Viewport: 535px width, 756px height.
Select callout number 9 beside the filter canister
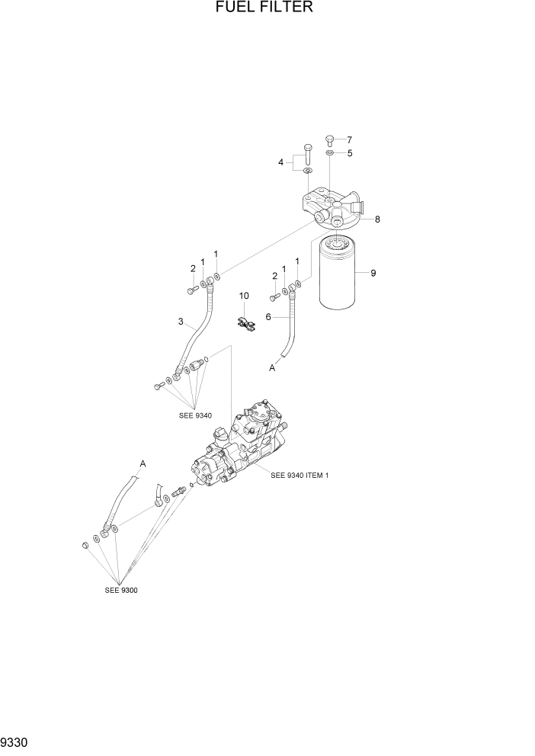[373, 273]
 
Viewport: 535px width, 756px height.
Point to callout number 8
[377, 219]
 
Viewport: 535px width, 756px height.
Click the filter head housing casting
[332, 207]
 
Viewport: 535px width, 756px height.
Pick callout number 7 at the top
[350, 140]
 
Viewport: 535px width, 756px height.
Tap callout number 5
[350, 153]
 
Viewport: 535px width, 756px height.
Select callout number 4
[281, 162]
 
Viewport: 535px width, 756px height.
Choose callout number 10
[244, 295]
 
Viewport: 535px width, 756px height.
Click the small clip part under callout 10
[245, 323]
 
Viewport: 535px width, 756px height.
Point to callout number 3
[181, 322]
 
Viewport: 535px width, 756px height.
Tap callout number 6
[268, 316]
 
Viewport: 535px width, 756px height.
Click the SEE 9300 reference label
[121, 590]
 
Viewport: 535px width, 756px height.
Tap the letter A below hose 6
[271, 367]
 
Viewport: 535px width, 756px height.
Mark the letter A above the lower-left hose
[143, 463]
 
